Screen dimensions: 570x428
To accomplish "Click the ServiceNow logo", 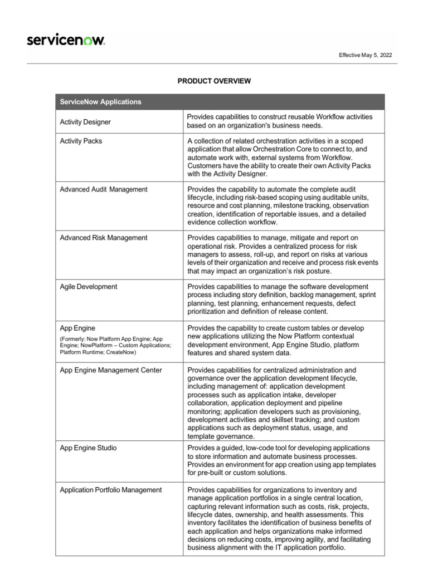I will coord(66,40).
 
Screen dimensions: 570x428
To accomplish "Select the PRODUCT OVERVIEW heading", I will coord(214,81).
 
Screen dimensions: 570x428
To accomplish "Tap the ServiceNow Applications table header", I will coord(100,102).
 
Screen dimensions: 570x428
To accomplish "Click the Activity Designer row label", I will coord(85,122).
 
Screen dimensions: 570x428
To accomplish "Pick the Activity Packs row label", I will coord(81,141).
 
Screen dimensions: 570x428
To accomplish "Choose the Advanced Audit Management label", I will coord(104,190).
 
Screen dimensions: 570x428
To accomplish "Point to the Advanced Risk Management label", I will coord(103,238).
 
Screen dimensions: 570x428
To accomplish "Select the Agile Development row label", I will coord(88,287).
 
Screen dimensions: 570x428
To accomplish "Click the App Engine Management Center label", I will coord(111,371).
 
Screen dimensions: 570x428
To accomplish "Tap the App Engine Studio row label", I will coord(88,448).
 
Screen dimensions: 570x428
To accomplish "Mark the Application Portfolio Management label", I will coord(111,490).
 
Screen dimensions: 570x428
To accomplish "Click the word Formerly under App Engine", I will coord(73,338).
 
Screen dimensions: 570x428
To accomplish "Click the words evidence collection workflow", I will coord(232,222).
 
